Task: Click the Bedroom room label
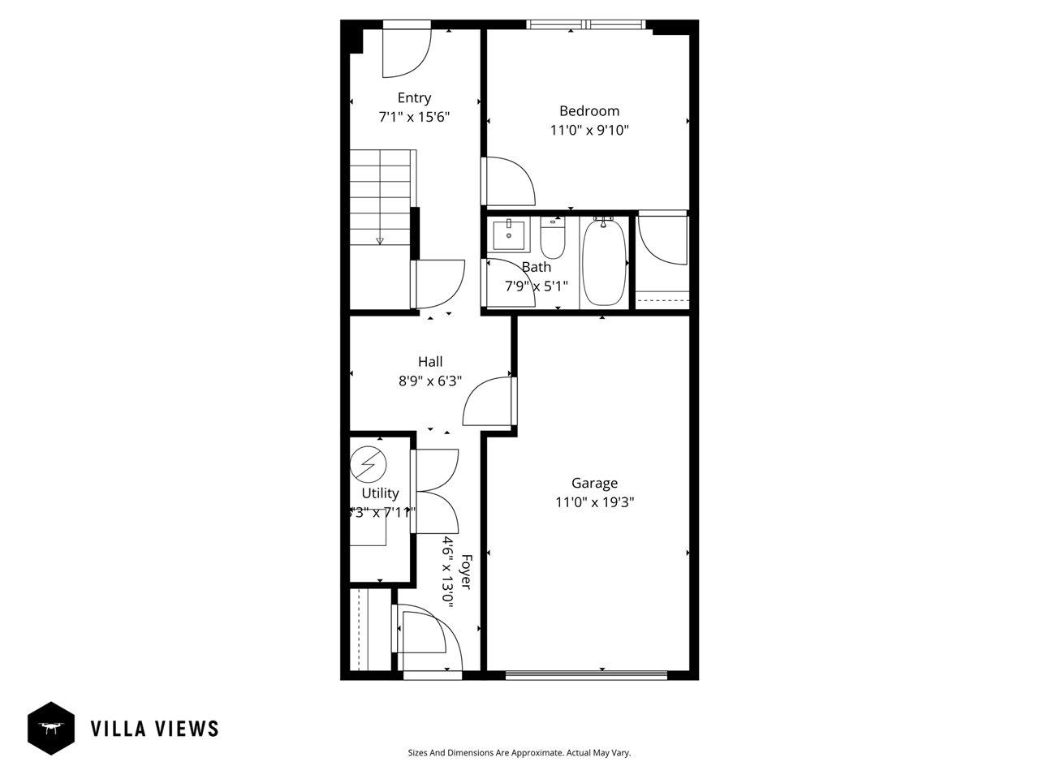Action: (x=588, y=111)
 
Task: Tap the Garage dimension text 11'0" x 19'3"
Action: (x=594, y=502)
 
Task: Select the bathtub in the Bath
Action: (x=604, y=262)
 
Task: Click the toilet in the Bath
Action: (x=553, y=237)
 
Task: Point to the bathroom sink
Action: (x=510, y=235)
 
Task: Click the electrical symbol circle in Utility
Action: (x=369, y=466)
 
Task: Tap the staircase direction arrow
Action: (x=379, y=240)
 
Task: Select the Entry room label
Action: (x=414, y=98)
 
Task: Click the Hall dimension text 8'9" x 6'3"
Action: (x=430, y=381)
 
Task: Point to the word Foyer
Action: (x=466, y=572)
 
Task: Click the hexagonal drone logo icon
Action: (x=51, y=728)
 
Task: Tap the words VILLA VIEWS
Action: (x=154, y=728)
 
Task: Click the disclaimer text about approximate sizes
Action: (x=519, y=753)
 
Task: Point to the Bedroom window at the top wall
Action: (x=588, y=25)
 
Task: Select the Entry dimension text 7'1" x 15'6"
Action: (x=414, y=117)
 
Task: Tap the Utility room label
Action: (x=380, y=493)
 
